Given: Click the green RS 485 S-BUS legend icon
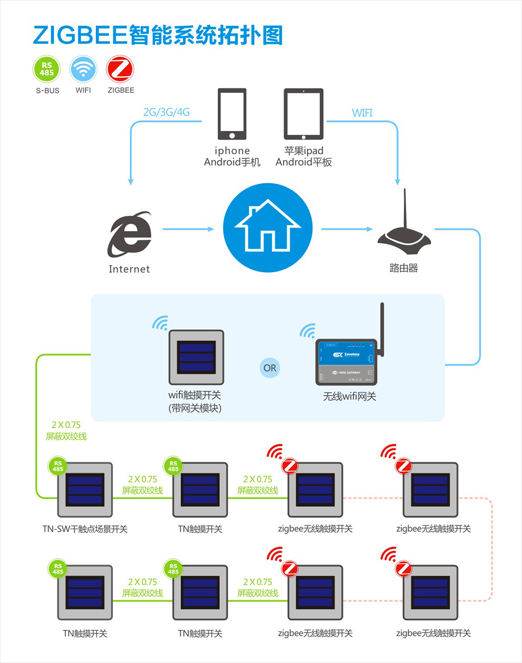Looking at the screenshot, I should click(x=47, y=69).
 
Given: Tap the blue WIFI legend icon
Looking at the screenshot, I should click(x=83, y=69).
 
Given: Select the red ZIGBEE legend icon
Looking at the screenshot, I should click(x=120, y=69).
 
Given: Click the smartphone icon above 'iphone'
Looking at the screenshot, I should click(x=232, y=114).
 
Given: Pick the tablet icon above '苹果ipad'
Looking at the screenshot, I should click(x=303, y=114).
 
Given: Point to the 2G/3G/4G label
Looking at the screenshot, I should click(x=167, y=112).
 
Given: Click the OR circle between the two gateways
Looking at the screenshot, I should click(x=270, y=368).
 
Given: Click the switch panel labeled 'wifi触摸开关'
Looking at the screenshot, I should click(x=196, y=357).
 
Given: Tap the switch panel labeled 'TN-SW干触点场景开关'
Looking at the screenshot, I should click(x=85, y=490).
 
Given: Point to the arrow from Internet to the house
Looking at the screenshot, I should click(x=188, y=229).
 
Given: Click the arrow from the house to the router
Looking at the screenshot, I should click(x=347, y=229).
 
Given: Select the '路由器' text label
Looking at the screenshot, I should click(x=404, y=268).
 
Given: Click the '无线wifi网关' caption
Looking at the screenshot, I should click(x=349, y=396).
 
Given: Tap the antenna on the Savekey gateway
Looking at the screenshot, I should click(x=382, y=329).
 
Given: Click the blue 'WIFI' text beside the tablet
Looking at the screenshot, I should click(x=362, y=113).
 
